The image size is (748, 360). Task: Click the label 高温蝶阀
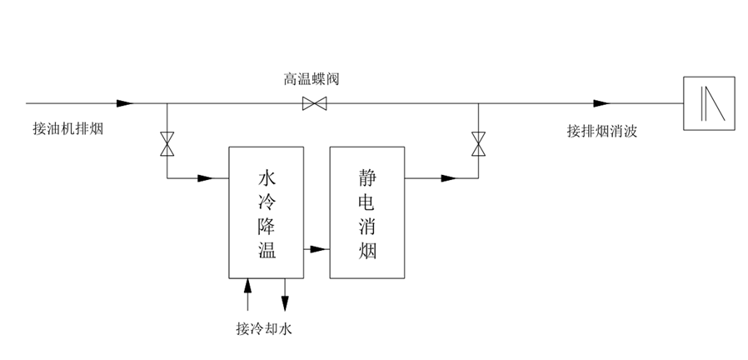(x=311, y=79)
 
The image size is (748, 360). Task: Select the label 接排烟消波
(x=601, y=130)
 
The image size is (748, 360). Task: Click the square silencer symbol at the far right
(x=709, y=103)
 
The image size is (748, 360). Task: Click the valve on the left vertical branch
(x=167, y=143)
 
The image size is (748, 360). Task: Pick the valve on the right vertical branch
(x=477, y=143)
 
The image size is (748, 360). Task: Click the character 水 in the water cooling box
(x=266, y=177)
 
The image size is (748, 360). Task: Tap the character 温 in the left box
(x=266, y=250)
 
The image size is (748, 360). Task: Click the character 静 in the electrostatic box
(x=367, y=177)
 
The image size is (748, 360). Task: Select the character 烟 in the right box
(x=367, y=250)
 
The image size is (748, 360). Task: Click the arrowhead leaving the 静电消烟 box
(x=448, y=177)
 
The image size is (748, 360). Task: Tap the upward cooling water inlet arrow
(x=247, y=287)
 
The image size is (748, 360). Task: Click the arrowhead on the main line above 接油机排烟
(x=124, y=103)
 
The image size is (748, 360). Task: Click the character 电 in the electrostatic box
(x=367, y=201)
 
